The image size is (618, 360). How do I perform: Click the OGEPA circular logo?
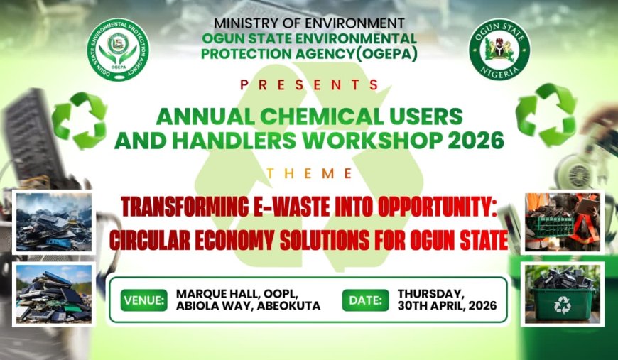118,50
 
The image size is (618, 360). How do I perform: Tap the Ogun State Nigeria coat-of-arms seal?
499,50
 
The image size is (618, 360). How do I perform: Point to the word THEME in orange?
309,173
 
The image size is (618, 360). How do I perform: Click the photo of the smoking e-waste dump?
54,222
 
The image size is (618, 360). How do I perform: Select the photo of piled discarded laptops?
54,293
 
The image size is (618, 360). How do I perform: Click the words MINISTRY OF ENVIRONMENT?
309,23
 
